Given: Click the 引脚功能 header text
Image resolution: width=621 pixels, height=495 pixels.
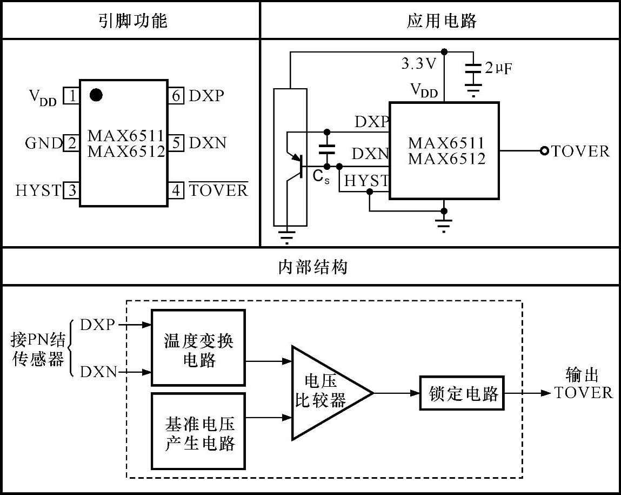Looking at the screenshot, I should point(133,21).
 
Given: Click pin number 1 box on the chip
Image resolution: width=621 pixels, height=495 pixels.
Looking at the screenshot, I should point(71,96).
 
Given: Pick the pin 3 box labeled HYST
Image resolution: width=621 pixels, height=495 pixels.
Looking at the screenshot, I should point(71,190).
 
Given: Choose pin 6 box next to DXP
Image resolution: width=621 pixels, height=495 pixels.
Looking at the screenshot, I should point(176,96).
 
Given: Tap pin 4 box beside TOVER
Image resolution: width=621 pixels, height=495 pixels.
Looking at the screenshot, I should point(176,190).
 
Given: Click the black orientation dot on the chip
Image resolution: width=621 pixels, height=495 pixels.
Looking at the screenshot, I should point(96,95).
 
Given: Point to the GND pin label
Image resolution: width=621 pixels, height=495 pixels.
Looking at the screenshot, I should point(43,144).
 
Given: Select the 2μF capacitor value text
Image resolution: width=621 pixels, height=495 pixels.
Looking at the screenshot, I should point(497,68).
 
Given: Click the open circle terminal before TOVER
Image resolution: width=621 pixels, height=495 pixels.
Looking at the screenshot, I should point(544,151).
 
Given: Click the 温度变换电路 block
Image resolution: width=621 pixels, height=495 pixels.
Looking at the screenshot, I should point(199,347).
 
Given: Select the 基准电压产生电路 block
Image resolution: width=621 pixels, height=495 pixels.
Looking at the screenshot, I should point(199,431).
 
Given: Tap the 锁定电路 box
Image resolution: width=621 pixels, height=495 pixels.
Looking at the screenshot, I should point(462,393).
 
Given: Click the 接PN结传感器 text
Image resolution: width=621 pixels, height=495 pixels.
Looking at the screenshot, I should point(38,349).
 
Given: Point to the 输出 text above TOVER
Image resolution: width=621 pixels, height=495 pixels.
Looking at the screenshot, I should point(582,374).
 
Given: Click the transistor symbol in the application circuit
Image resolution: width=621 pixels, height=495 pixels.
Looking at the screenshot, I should point(296,162).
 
